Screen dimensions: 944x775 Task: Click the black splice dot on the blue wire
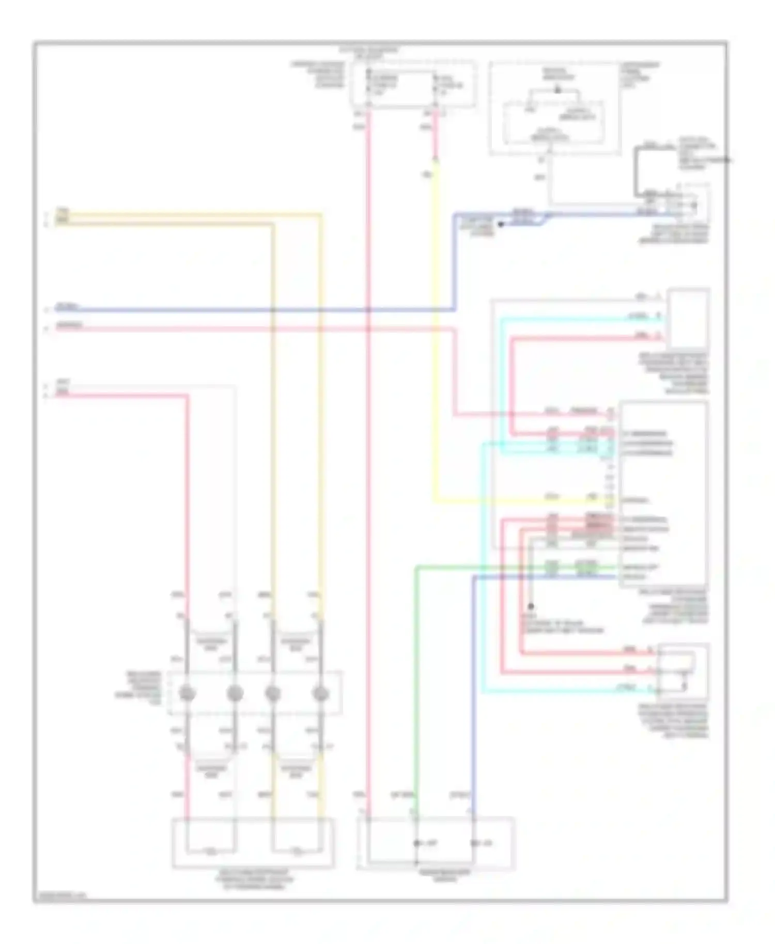500,225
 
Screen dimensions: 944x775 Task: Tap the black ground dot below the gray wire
531,607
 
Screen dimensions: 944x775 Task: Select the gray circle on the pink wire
187,694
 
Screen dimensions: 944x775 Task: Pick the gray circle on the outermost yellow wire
321,694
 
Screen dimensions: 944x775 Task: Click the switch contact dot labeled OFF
416,843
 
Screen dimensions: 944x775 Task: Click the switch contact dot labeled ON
473,843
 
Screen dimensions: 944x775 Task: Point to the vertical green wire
416,671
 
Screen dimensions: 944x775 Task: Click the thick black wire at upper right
638,170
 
